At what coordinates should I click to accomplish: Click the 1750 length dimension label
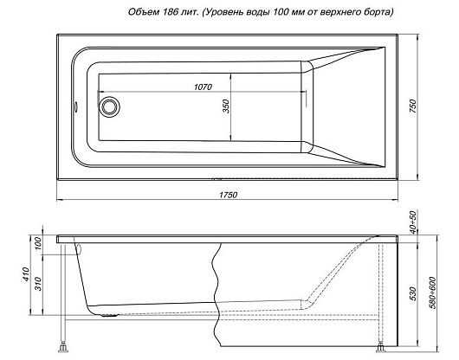229,195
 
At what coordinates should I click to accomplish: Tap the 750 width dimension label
412,106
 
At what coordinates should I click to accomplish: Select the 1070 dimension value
203,87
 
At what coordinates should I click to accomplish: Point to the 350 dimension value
226,106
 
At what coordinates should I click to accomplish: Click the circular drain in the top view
109,106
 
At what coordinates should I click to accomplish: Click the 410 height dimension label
26,274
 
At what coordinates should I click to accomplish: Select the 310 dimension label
39,284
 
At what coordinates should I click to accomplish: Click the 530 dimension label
412,294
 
